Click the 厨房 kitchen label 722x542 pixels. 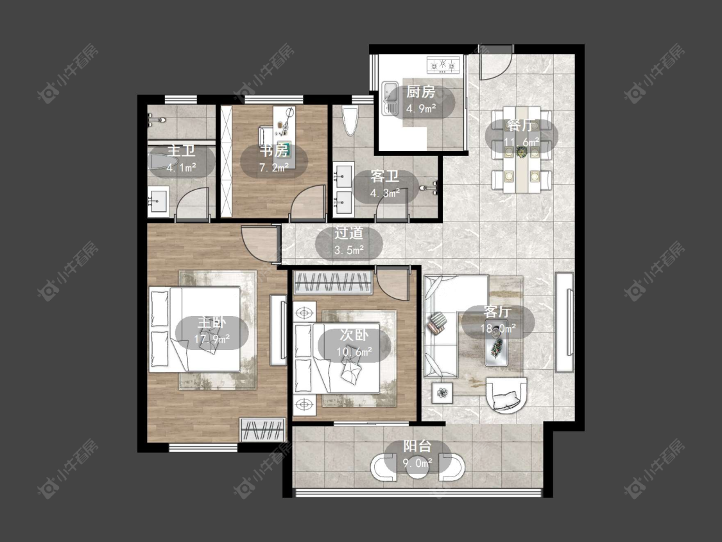pyautogui.click(x=420, y=92)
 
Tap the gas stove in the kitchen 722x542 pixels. pyautogui.click(x=444, y=65)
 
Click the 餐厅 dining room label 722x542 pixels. pyautogui.click(x=522, y=125)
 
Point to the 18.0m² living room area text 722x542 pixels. pyautogui.click(x=498, y=328)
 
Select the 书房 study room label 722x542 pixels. pyautogui.click(x=275, y=150)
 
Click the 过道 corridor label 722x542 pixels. pyautogui.click(x=348, y=233)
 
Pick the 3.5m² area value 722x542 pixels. pyautogui.click(x=349, y=250)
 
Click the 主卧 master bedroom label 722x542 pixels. pyautogui.click(x=212, y=322)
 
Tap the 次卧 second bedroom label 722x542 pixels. pyautogui.click(x=354, y=335)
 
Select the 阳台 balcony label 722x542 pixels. pyautogui.click(x=418, y=446)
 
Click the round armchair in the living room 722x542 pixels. pyautogui.click(x=506, y=394)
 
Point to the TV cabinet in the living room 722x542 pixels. pyautogui.click(x=564, y=322)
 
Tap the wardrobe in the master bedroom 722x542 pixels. pyautogui.click(x=263, y=430)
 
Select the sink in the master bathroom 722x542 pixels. pyautogui.click(x=158, y=202)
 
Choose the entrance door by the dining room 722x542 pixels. pyautogui.click(x=496, y=62)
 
